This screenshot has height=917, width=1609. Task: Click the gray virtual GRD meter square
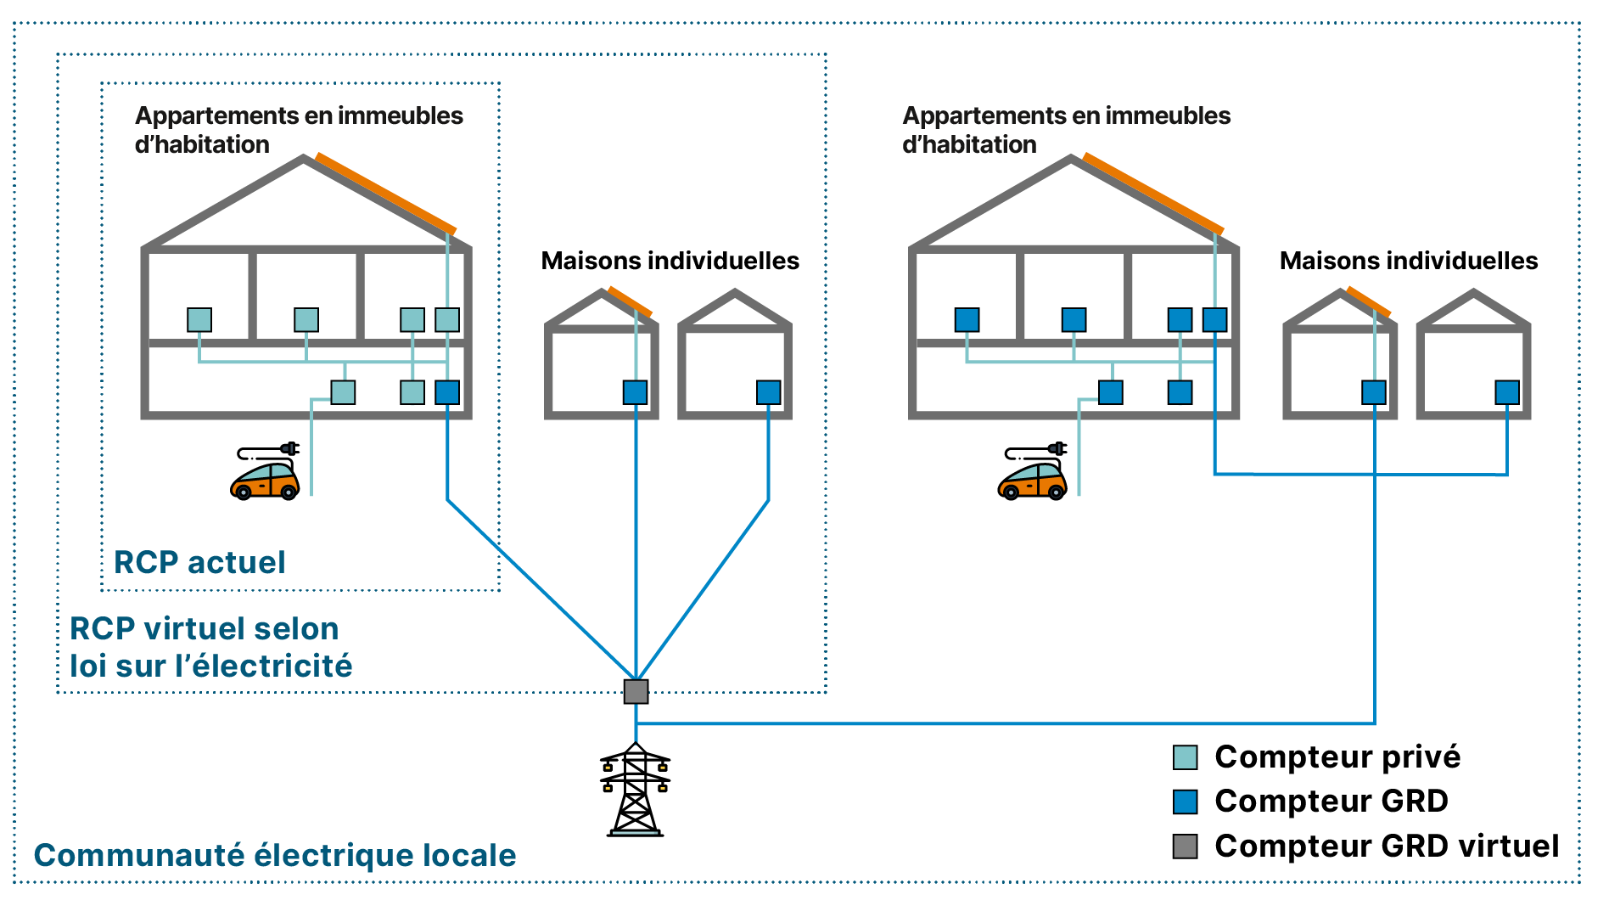pyautogui.click(x=636, y=691)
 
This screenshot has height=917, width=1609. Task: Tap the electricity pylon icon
pyautogui.click(x=635, y=790)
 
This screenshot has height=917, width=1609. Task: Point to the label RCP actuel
pyautogui.click(x=199, y=562)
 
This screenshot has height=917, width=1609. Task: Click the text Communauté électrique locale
pyautogui.click(x=274, y=855)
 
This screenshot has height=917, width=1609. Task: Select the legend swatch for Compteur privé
pyautogui.click(x=1185, y=757)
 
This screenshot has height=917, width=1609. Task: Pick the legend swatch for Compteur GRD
pyautogui.click(x=1185, y=802)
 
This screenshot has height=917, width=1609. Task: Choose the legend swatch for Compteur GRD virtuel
pyautogui.click(x=1185, y=847)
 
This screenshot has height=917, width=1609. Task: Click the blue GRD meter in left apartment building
pyautogui.click(x=447, y=392)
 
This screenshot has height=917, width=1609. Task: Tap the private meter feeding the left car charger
pyautogui.click(x=343, y=392)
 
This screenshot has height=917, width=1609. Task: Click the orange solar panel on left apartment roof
pyautogui.click(x=386, y=194)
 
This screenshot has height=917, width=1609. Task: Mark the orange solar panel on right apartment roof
pyautogui.click(x=1153, y=194)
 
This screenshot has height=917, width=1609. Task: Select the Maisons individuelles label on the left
pyautogui.click(x=670, y=261)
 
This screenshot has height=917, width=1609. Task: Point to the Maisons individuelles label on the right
pyautogui.click(x=1409, y=261)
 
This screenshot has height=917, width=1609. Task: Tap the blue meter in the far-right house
pyautogui.click(x=1507, y=392)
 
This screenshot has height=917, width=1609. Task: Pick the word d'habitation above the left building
pyautogui.click(x=202, y=144)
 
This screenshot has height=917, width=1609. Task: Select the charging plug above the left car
pyautogui.click(x=289, y=447)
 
